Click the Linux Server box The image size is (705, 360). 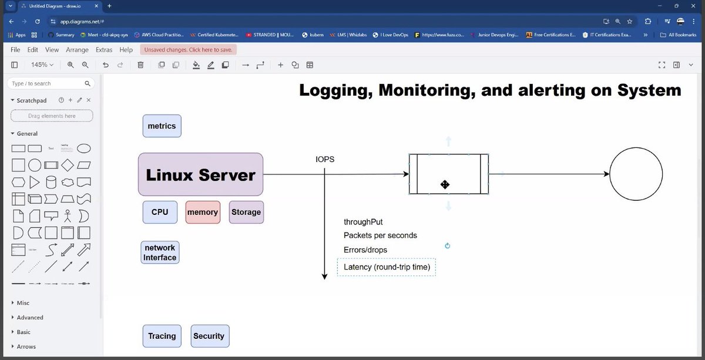pos(200,174)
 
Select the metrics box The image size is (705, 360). pos(162,126)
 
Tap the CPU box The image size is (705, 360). pos(160,212)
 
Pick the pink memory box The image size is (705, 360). pos(203,212)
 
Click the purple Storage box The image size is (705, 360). pos(246,212)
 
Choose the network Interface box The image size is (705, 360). pos(160,253)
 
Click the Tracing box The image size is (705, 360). pos(162,336)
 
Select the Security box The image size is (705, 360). pos(209,336)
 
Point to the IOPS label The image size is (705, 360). pos(325,159)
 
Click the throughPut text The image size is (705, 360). pos(363,222)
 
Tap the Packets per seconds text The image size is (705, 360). pos(380,235)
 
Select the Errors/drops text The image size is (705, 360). pos(365,250)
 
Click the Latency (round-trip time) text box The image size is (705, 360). pos(387,267)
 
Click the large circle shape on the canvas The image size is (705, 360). pos(636,174)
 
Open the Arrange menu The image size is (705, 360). pos(77,50)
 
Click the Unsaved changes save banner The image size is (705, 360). pos(188,50)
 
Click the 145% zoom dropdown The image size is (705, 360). pos(42,65)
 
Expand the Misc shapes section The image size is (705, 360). pos(22,303)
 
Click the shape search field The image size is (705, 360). pos(47,83)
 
